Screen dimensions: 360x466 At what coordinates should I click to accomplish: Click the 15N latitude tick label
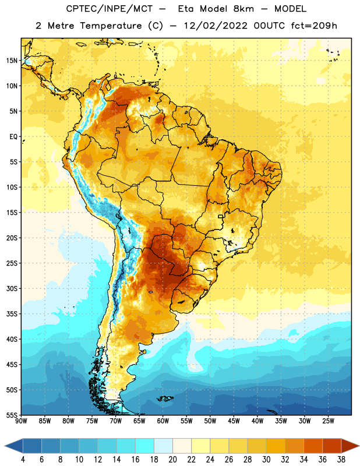pyautogui.click(x=12, y=61)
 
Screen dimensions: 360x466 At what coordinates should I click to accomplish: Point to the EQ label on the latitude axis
pyautogui.click(x=13, y=137)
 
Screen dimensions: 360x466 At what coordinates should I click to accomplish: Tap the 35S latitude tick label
pyautogui.click(x=12, y=314)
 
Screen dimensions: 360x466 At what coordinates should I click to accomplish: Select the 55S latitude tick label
pyautogui.click(x=12, y=415)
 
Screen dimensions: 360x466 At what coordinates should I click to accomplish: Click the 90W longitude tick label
pyautogui.click(x=21, y=421)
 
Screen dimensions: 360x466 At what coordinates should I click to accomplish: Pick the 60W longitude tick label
pyautogui.click(x=163, y=421)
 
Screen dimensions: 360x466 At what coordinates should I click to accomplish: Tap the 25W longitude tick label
pyautogui.click(x=328, y=421)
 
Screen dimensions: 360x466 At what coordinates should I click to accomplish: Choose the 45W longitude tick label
pyautogui.click(x=234, y=421)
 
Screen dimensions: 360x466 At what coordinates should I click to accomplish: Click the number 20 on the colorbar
pyautogui.click(x=172, y=460)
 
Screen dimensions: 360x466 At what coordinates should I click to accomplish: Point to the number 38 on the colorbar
pyautogui.click(x=341, y=460)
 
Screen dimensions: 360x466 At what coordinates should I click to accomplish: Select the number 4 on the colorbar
pyautogui.click(x=23, y=460)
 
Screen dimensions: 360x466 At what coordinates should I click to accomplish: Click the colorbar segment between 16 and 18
pyautogui.click(x=145, y=446)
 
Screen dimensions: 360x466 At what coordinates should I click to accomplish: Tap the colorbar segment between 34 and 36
pyautogui.click(x=313, y=446)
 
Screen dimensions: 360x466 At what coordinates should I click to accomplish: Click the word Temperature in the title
pyautogui.click(x=111, y=26)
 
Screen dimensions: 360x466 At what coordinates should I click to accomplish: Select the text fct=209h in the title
pyautogui.click(x=314, y=26)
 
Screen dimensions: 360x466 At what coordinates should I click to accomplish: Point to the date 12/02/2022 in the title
pyautogui.click(x=216, y=26)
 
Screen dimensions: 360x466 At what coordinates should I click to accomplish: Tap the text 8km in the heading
pyautogui.click(x=243, y=9)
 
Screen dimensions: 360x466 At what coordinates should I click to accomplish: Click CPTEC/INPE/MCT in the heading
pyautogui.click(x=109, y=9)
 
